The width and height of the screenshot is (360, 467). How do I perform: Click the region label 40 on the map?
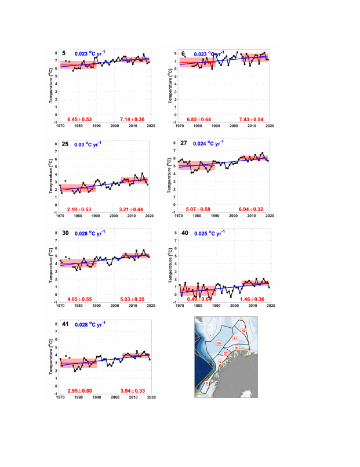[243, 331]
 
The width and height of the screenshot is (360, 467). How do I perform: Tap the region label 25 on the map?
[219, 344]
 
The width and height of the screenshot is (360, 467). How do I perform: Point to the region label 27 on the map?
[226, 353]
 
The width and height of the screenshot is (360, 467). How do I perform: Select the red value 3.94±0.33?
[137, 390]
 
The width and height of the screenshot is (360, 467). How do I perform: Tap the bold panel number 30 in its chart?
[66, 234]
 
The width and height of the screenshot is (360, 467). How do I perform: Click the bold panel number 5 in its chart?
[64, 53]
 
